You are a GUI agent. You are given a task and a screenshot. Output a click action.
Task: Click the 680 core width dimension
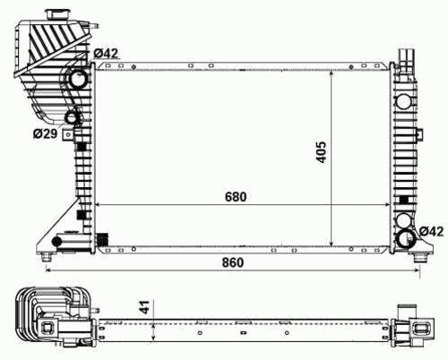[236, 197]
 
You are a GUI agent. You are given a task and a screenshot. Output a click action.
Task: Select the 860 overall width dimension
[233, 262]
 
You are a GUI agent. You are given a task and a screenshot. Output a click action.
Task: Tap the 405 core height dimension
[322, 152]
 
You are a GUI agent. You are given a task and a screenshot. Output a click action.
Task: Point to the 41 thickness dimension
[145, 307]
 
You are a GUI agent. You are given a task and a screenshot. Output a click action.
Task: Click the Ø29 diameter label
[45, 133]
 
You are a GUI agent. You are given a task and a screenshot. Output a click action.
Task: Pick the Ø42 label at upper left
[107, 54]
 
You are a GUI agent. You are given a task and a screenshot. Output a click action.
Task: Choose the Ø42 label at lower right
[432, 231]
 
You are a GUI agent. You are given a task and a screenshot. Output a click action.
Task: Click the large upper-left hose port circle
[78, 78]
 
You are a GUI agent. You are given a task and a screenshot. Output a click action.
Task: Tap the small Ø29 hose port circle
[72, 117]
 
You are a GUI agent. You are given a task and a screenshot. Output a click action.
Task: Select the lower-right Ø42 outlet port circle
[405, 238]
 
